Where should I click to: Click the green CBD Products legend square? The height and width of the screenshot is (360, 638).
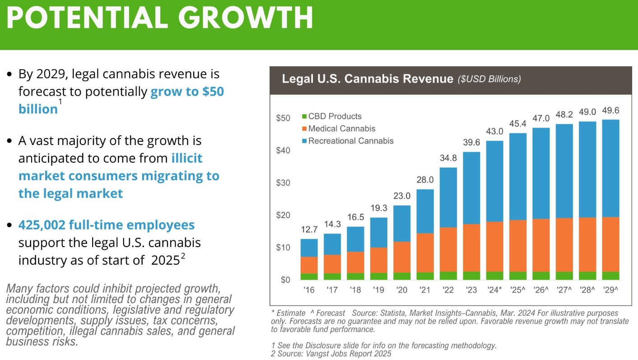(304, 117)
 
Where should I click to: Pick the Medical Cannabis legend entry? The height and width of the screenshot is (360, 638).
(348, 129)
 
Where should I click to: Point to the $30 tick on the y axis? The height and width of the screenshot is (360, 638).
(283, 183)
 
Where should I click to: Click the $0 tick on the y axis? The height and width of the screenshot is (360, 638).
(285, 280)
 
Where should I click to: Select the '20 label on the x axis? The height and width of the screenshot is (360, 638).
(401, 290)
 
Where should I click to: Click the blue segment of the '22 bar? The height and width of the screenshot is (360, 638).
(448, 197)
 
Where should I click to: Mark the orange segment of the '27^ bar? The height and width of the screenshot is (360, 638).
(563, 245)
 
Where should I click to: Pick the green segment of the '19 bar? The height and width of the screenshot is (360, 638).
(378, 276)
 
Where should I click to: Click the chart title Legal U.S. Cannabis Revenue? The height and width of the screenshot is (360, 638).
(367, 79)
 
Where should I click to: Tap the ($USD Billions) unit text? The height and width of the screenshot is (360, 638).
(489, 79)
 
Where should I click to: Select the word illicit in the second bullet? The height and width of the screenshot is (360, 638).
(186, 159)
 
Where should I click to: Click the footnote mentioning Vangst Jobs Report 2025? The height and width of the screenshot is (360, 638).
(331, 354)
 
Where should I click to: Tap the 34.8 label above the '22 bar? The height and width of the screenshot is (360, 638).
(448, 159)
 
